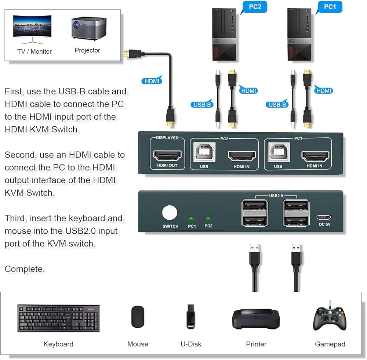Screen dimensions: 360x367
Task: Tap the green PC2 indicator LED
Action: pos(208,218)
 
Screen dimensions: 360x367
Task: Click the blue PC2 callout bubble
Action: pos(254,7)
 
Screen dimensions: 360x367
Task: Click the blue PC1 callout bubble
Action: pos(330,7)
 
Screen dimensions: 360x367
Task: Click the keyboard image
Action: pos(58,318)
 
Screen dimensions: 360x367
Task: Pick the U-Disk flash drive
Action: pos(190,317)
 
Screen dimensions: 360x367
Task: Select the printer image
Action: pos(256,318)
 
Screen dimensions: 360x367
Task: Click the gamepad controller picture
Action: pos(330,318)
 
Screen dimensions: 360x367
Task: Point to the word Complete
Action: pos(25,269)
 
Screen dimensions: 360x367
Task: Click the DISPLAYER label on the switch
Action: pos(167,138)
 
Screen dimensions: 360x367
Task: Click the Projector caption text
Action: pos(87,50)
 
